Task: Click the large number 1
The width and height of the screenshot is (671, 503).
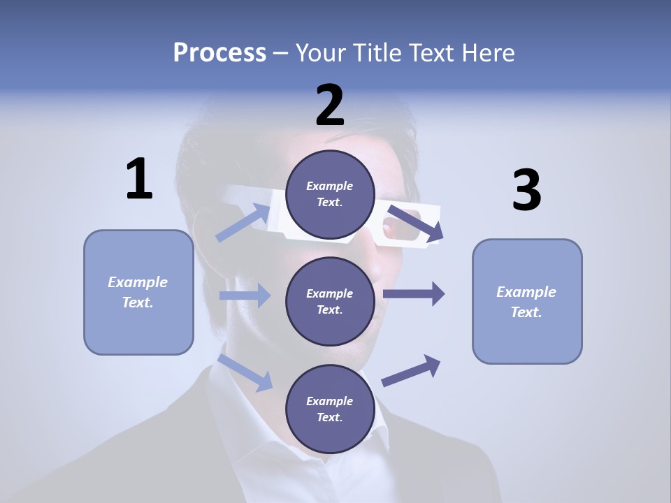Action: tap(139, 180)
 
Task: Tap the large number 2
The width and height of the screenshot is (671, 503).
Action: tap(330, 105)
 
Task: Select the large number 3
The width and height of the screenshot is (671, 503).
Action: tap(526, 191)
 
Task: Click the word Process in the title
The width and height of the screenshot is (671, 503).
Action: tap(219, 52)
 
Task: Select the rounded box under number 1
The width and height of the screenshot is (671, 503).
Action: tap(138, 292)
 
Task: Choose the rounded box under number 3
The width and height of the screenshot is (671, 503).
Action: tap(527, 301)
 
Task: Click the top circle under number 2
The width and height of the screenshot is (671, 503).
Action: tap(330, 194)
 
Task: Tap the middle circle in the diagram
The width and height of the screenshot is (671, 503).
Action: tap(330, 301)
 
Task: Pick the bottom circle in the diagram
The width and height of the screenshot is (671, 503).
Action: tap(330, 409)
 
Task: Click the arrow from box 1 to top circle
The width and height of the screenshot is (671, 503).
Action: tap(244, 221)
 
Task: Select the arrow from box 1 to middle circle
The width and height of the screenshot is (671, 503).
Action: tap(245, 296)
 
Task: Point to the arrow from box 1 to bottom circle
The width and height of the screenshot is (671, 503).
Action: tap(245, 372)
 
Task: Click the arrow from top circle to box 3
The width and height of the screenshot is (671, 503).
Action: tap(415, 223)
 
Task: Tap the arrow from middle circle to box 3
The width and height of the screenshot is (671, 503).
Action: tap(414, 294)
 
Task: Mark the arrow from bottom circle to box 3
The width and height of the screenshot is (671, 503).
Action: tap(411, 370)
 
